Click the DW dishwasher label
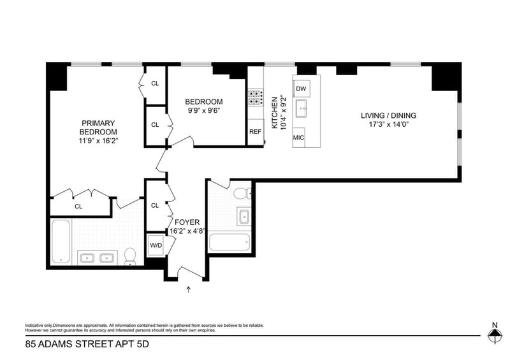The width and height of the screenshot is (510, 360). click(301, 89)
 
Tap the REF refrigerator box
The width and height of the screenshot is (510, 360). click(256, 132)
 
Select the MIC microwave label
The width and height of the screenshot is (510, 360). click(298, 138)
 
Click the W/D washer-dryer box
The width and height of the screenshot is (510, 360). click(156, 245)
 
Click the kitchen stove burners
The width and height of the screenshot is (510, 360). click(256, 98)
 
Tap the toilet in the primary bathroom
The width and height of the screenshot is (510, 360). click(130, 257)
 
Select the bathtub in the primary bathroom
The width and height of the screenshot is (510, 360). click(61, 241)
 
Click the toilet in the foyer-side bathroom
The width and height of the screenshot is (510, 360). click(242, 194)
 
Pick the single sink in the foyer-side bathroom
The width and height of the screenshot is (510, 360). click(244, 217)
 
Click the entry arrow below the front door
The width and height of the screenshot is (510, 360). click(188, 289)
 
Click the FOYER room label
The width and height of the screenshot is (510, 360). click(187, 222)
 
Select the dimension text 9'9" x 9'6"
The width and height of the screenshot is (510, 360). click(204, 111)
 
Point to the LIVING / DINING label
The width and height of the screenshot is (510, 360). click(388, 115)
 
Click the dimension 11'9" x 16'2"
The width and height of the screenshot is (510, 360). click(98, 141)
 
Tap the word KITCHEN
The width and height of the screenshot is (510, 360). click(275, 113)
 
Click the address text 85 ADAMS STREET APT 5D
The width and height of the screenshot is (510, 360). click(87, 344)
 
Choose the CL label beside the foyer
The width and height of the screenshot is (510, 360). click(155, 206)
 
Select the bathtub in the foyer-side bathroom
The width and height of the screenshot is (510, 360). click(229, 243)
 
